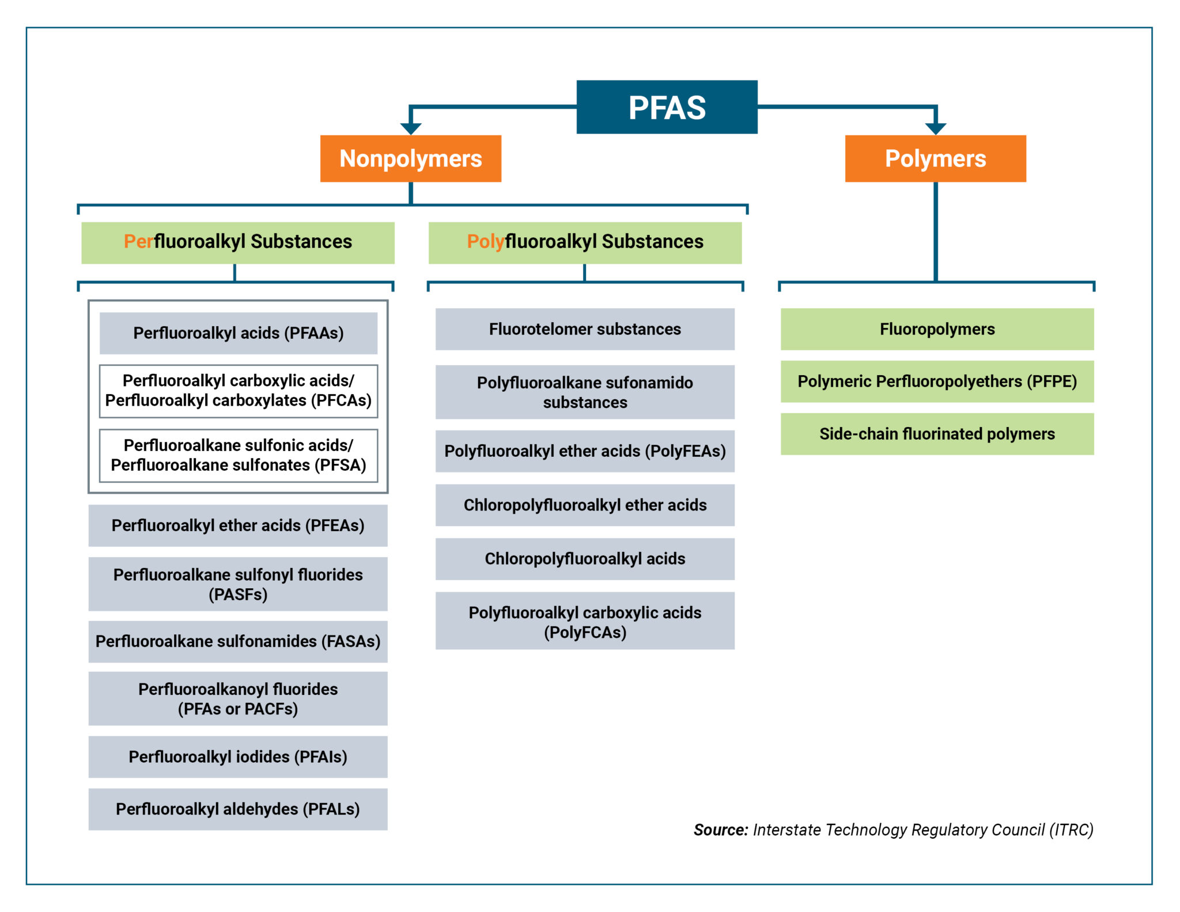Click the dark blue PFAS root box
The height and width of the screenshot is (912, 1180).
tap(667, 107)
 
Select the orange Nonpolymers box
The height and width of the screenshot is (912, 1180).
tap(410, 158)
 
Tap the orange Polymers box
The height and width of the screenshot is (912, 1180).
tap(935, 158)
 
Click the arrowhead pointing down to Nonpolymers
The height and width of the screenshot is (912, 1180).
tap(410, 128)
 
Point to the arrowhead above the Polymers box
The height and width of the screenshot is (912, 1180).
tap(935, 128)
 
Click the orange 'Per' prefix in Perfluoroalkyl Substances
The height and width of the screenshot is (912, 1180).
tap(138, 241)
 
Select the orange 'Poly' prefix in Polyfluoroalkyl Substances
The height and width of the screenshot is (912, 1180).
tap(485, 241)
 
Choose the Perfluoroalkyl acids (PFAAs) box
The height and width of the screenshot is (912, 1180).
tap(238, 333)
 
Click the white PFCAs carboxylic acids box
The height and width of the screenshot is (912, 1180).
tap(238, 391)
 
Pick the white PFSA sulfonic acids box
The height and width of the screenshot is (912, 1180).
tap(238, 455)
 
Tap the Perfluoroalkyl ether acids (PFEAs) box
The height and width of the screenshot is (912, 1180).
tap(237, 525)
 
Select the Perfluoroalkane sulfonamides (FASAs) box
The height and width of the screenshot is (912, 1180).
tap(237, 641)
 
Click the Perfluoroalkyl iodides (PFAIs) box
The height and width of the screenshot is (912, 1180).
tap(237, 756)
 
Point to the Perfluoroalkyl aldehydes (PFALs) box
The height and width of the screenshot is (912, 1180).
tap(237, 809)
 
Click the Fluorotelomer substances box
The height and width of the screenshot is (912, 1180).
tap(584, 329)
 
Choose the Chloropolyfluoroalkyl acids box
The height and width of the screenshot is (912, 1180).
tap(584, 559)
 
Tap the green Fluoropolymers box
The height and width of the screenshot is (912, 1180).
tap(937, 329)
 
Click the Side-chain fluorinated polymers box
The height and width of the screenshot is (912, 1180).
tap(937, 434)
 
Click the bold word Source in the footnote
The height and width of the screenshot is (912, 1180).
tap(720, 830)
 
